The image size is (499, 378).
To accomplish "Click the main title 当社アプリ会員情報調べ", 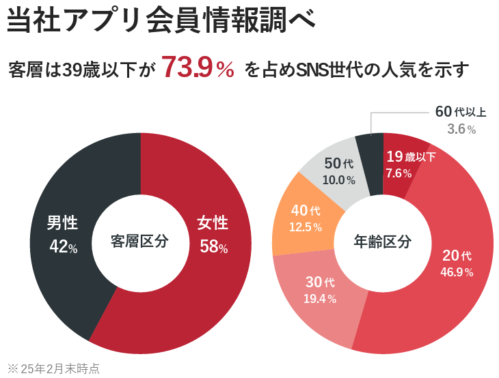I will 161,20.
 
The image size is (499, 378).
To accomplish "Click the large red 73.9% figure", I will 198,68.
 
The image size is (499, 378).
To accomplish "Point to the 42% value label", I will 63,247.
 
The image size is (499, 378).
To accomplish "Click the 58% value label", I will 213,247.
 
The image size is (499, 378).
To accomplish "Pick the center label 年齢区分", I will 383,242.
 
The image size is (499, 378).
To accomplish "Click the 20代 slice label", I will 457,256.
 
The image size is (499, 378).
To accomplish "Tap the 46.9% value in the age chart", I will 457,272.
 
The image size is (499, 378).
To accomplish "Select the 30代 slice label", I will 320,282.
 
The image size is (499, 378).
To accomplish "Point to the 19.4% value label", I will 320,298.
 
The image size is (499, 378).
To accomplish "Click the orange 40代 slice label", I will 306,210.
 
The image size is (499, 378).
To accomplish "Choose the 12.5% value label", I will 306,227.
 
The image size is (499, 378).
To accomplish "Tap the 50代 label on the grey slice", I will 339,164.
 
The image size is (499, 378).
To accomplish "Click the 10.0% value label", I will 339,180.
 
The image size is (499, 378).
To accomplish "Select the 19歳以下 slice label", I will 410,156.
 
